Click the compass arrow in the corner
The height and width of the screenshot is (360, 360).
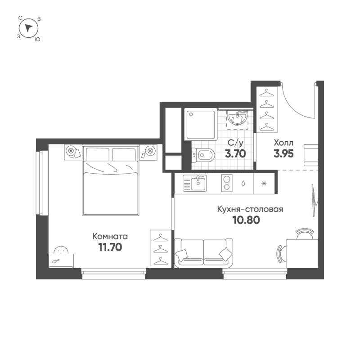pos(29,28)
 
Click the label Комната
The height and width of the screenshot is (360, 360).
pos(110,236)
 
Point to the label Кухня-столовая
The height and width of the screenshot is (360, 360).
pos(250,209)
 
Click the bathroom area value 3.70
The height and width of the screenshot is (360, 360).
pos(234,153)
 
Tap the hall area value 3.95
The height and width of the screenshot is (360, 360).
pos(283,153)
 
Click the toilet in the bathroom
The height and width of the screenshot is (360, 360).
pos(203,156)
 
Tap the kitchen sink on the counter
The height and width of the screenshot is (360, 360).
pos(195,183)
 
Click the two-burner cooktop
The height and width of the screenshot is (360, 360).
pos(226,183)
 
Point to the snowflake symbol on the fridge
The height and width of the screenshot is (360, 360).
pos(264,183)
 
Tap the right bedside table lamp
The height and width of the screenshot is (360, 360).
pos(151,150)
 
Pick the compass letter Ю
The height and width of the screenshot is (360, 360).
pos(37,39)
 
